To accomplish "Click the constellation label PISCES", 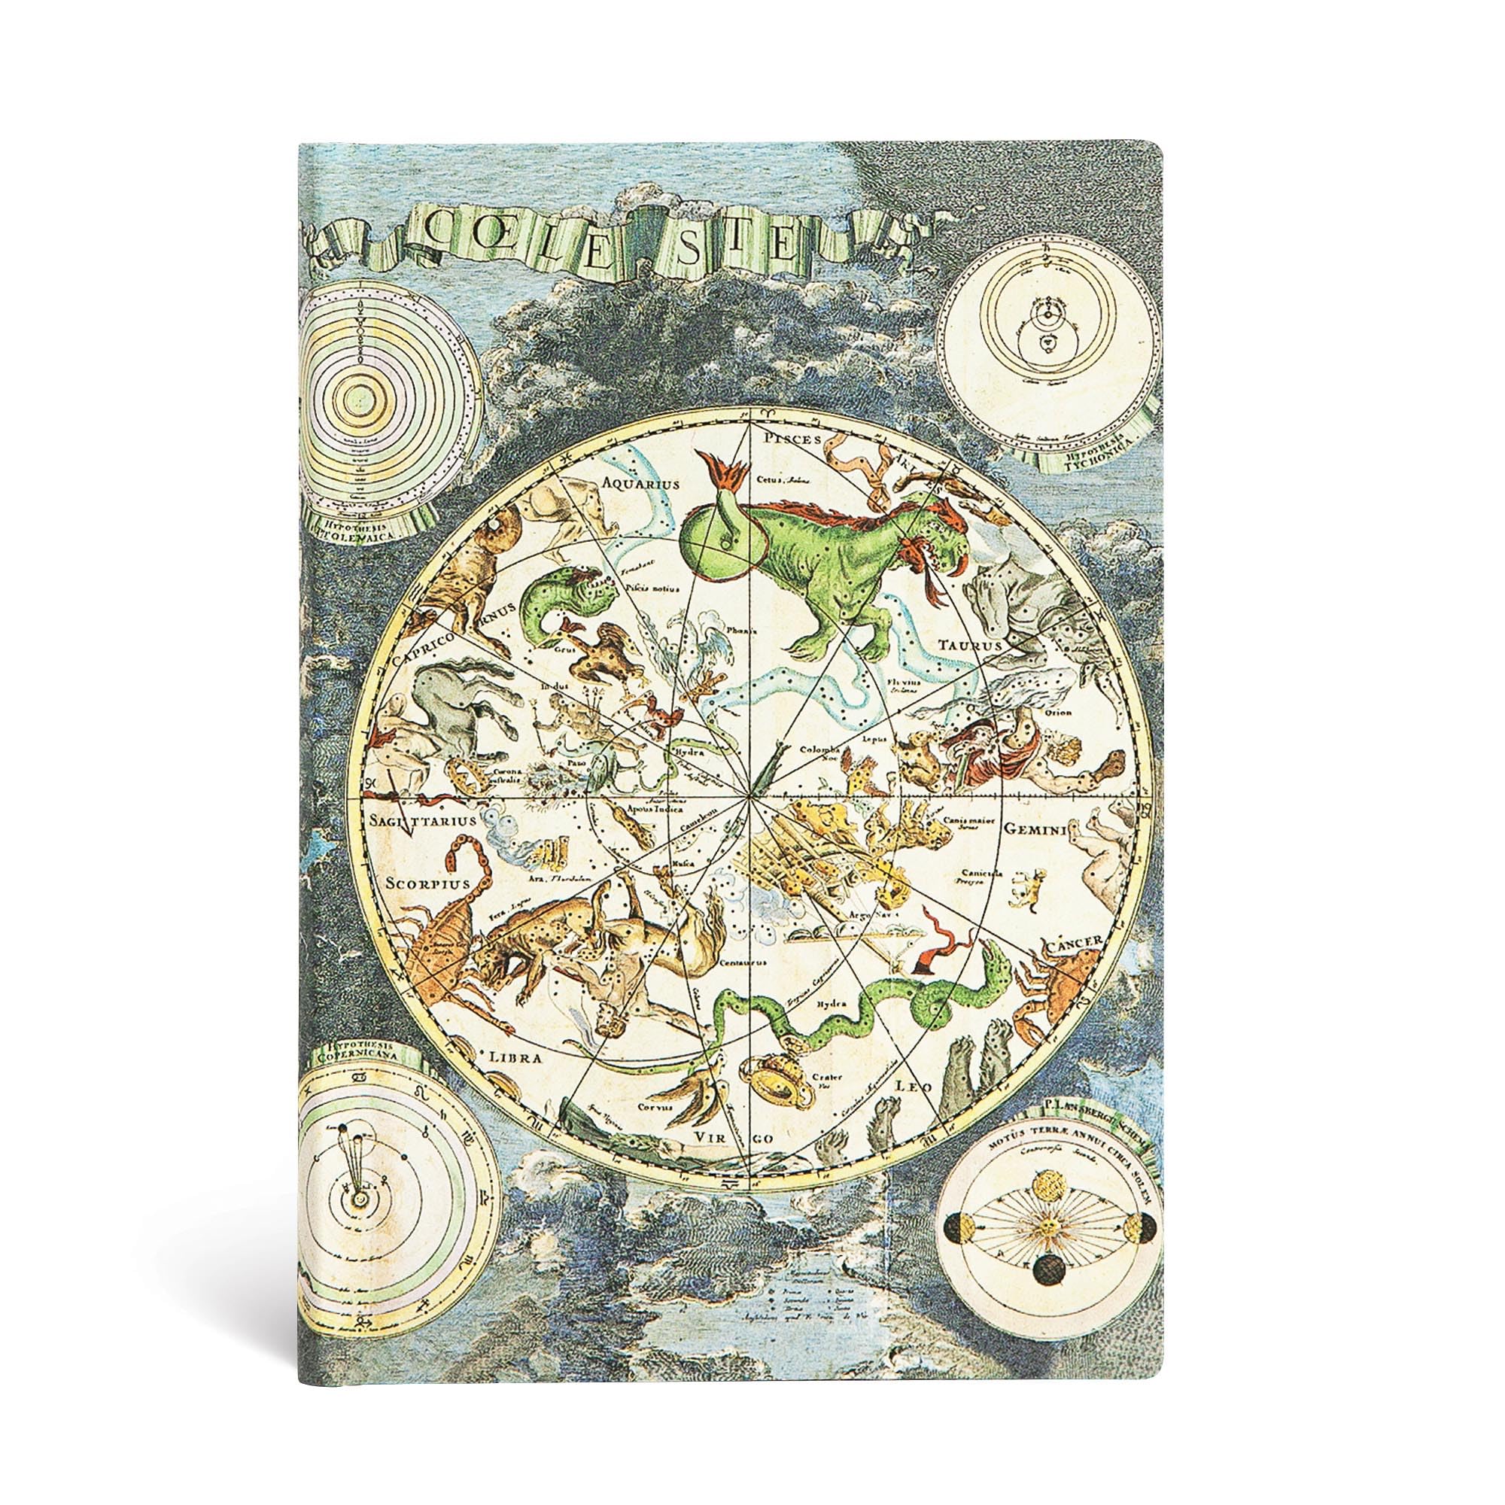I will tap(794, 439).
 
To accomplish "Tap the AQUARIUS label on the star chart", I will tap(641, 484).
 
